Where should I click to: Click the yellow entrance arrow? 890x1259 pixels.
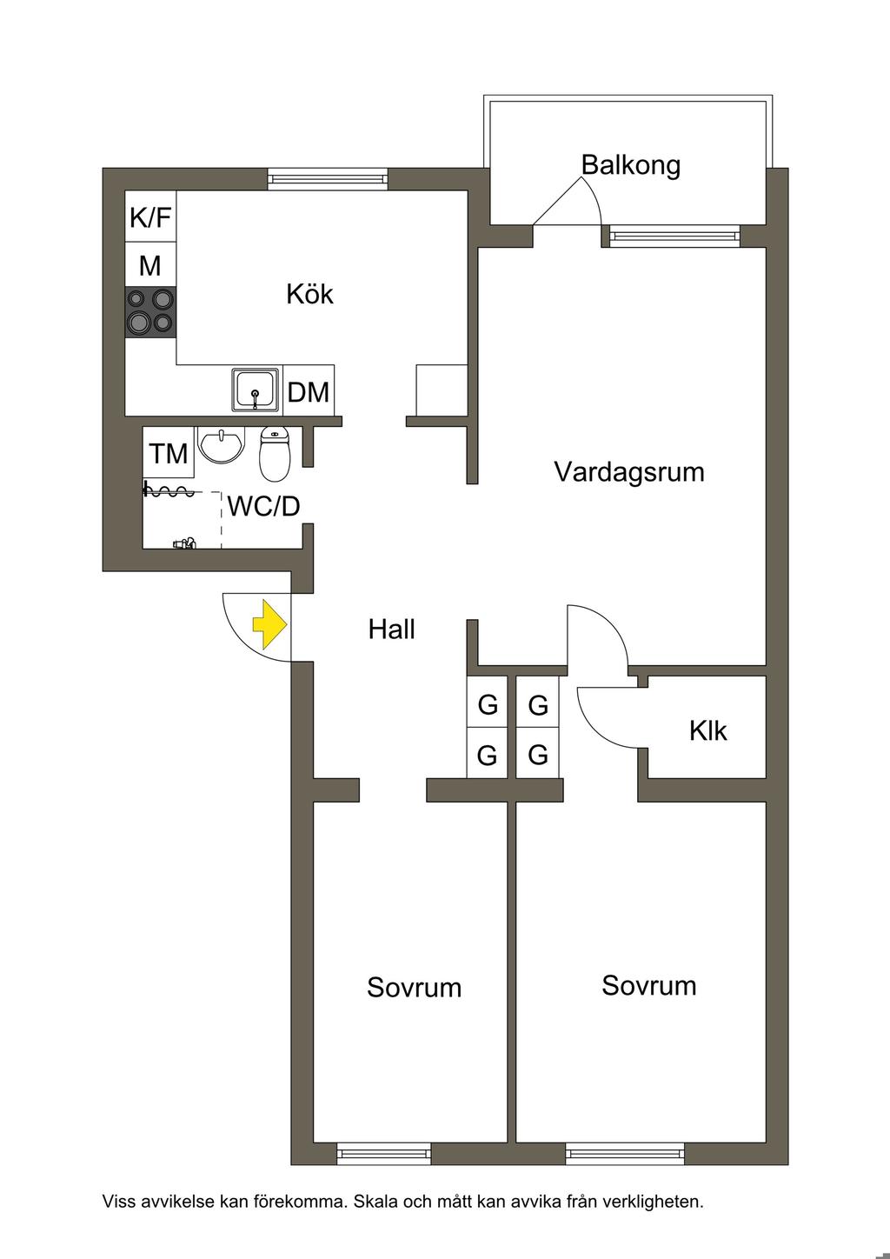[x=270, y=625]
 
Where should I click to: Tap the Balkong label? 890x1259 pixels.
[x=630, y=164]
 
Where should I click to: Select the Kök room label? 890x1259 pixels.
[x=309, y=294]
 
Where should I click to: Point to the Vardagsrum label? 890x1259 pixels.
[x=628, y=471]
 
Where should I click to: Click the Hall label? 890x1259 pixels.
[x=392, y=629]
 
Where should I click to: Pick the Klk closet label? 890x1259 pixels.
[x=708, y=730]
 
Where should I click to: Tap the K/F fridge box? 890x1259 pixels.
[x=150, y=217]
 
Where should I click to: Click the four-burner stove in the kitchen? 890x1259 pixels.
[x=150, y=312]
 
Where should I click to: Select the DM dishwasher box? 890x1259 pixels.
[x=309, y=391]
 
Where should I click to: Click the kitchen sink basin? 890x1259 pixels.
[x=256, y=390]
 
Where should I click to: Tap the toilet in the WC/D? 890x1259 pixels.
[x=274, y=454]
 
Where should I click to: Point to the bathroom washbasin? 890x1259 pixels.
[x=222, y=444]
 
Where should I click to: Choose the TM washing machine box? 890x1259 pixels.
[x=169, y=452]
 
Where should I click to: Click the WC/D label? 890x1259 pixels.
[x=263, y=506]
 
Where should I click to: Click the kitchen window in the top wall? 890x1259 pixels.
[x=329, y=178]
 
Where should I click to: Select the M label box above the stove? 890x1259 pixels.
[x=150, y=264]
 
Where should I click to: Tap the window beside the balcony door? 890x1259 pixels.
[x=673, y=236]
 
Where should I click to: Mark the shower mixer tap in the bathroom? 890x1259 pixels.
[x=185, y=543]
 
